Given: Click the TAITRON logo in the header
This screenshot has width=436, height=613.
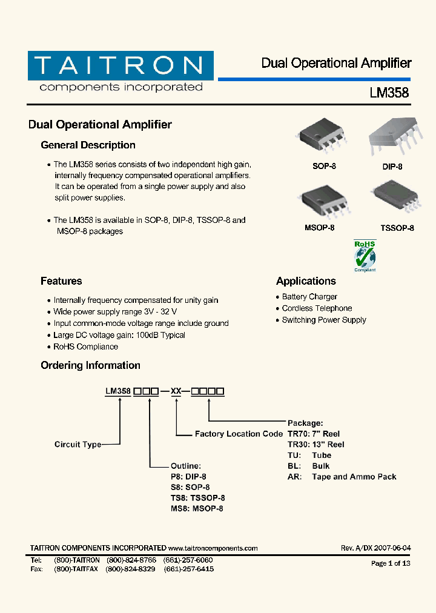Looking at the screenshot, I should [121, 71].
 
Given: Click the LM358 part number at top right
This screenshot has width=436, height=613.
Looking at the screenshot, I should [389, 93].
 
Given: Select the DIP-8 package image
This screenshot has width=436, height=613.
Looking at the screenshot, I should [392, 139].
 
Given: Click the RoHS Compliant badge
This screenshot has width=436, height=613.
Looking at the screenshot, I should [365, 256].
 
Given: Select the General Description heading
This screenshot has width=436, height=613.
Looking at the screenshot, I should [88, 145].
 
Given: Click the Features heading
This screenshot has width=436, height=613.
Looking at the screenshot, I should [61, 281].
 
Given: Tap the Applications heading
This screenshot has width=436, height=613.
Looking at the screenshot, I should [306, 281].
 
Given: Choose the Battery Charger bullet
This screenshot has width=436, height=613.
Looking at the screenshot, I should [309, 297].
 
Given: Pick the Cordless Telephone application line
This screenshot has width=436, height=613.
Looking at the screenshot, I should [317, 308].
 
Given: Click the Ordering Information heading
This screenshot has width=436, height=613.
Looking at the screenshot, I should [90, 365].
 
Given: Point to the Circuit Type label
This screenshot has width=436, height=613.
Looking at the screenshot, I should [78, 445].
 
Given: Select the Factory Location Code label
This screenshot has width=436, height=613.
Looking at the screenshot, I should [239, 434].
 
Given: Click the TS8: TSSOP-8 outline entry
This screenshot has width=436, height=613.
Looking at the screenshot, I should [197, 498].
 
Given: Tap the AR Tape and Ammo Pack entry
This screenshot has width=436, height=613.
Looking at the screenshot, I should [342, 477].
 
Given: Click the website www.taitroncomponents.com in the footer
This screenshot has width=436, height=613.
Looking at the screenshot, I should [213, 548].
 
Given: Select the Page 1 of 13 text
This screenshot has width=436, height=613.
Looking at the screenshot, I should [391, 563].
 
